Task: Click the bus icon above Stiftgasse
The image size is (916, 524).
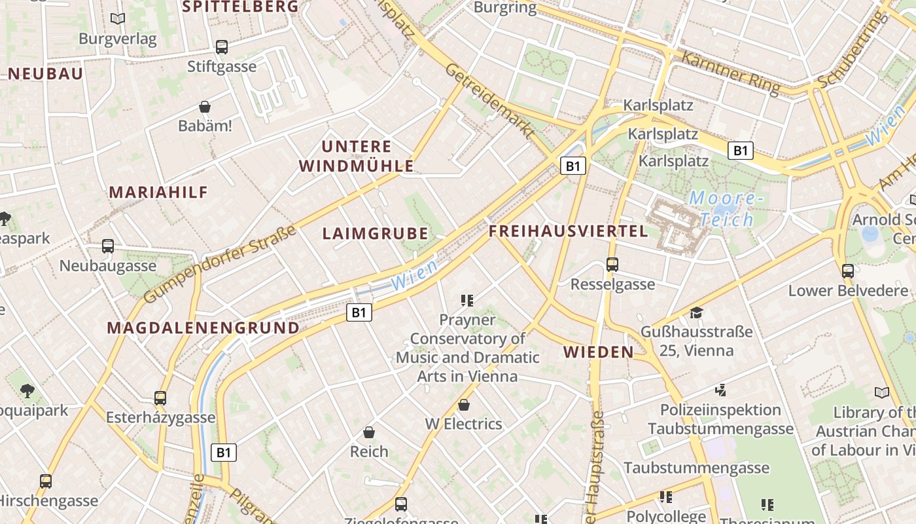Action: tap(222, 47)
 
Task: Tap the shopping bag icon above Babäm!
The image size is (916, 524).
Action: tap(205, 106)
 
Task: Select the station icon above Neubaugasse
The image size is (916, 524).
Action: tap(108, 246)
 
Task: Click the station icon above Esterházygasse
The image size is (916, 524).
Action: tap(160, 398)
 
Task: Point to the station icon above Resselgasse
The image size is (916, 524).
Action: tap(612, 265)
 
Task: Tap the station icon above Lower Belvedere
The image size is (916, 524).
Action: tap(848, 271)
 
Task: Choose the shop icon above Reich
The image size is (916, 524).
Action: tap(369, 432)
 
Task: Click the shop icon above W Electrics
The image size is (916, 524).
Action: tap(464, 405)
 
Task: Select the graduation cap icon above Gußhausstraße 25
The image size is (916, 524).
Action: tap(696, 312)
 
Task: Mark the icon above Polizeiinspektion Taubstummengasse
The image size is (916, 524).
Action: tap(720, 390)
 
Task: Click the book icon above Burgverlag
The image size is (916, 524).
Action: tap(118, 19)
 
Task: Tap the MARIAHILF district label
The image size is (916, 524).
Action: tap(158, 193)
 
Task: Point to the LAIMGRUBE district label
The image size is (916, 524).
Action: tap(376, 234)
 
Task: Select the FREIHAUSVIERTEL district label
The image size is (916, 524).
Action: tap(569, 231)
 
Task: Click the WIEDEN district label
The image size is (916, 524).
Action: tap(599, 352)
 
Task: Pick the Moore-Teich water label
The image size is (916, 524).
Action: tap(725, 208)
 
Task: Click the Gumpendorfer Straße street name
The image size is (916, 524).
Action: tap(220, 265)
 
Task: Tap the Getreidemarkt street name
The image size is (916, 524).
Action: tap(489, 102)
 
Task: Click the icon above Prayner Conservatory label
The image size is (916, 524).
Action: tap(467, 301)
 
